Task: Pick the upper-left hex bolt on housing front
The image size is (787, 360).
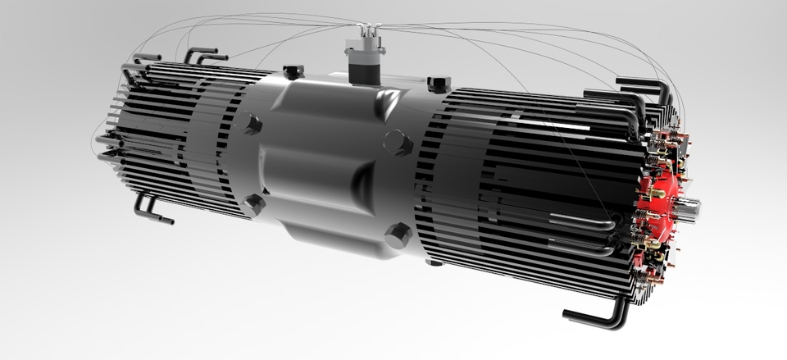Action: (250, 125)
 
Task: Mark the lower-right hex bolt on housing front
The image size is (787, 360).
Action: (398, 235)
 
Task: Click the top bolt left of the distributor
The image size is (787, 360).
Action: (293, 71)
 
